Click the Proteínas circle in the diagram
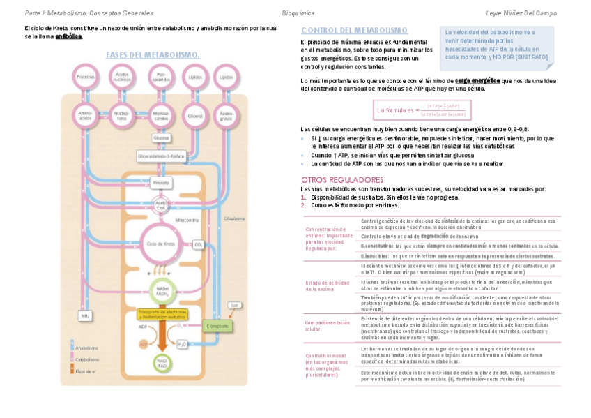(86, 77)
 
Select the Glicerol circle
(195, 116)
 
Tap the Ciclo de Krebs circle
(161, 244)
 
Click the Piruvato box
(161, 183)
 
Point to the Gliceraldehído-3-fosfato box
(162, 156)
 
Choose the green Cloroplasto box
(216, 326)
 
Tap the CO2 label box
(198, 245)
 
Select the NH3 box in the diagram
(86, 316)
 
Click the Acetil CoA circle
(161, 205)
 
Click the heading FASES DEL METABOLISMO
(153, 55)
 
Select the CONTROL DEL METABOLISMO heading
(354, 31)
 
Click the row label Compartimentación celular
(327, 326)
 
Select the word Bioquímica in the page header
(298, 13)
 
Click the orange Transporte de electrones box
(162, 313)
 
